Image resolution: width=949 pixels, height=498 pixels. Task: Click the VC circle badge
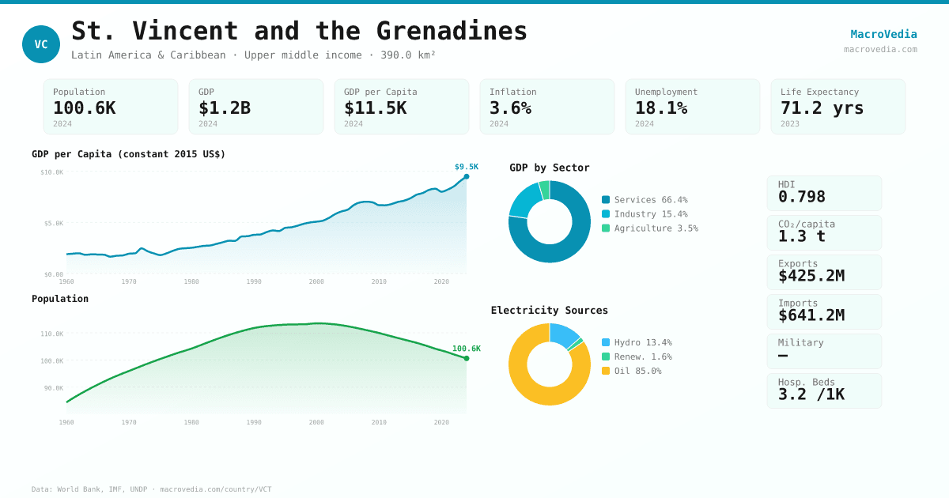point(41,44)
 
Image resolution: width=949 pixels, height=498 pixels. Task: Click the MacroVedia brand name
point(883,34)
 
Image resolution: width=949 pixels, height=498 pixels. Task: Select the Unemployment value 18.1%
point(661,108)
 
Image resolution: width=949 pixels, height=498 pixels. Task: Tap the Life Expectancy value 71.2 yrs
point(822,108)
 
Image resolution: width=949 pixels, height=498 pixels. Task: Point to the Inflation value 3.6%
point(510,108)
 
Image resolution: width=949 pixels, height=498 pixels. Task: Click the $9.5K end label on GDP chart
point(467,167)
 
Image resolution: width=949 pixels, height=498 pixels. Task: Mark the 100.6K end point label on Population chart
point(467,349)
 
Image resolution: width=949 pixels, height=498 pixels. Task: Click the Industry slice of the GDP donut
point(524,199)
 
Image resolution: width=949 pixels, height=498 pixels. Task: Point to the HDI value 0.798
point(801,197)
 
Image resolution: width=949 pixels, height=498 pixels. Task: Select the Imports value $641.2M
point(811,315)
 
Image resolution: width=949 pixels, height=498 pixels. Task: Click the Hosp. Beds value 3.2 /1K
point(811,394)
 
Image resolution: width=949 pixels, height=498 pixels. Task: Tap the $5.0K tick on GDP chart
point(54,224)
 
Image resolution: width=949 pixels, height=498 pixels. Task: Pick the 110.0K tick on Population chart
point(52,334)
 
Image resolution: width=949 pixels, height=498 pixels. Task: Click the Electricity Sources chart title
point(550,311)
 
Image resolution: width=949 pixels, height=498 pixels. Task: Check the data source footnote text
point(151,489)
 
